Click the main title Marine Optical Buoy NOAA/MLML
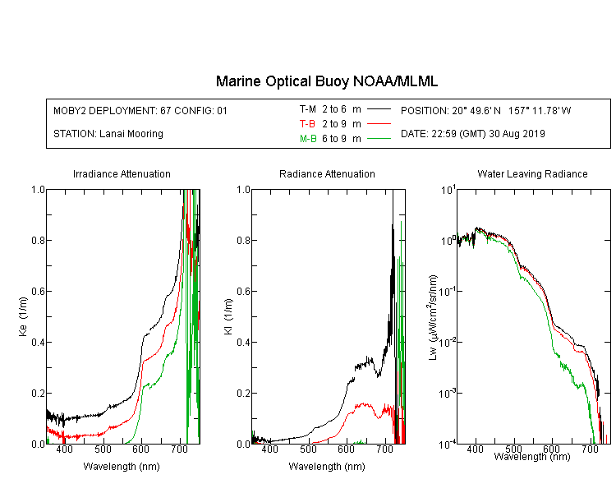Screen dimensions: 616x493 tap(326, 81)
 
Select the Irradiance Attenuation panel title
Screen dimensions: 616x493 tap(122, 173)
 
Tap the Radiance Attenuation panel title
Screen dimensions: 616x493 tap(327, 173)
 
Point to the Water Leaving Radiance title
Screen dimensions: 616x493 tap(532, 173)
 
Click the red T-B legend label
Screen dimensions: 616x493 tap(307, 124)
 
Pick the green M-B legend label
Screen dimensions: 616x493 tap(308, 139)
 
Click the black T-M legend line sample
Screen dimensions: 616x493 tap(379, 109)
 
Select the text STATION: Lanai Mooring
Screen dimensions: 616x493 tap(108, 134)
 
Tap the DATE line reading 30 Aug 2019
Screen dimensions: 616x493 tap(472, 134)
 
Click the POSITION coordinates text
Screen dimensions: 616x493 tap(485, 110)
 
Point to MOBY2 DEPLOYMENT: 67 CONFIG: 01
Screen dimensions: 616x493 tap(140, 110)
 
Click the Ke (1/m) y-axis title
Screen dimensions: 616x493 tap(23, 316)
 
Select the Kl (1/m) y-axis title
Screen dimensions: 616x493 tap(228, 316)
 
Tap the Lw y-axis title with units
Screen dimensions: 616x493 tap(433, 317)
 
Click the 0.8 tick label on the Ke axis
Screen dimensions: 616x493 tap(38, 240)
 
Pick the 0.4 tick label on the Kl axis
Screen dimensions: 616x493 tap(243, 343)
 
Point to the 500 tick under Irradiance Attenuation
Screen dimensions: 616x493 tap(103, 449)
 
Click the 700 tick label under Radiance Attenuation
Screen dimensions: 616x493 tap(384, 449)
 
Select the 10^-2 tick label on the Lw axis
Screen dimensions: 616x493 tap(448, 342)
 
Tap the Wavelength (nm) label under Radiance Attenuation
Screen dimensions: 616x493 tap(327, 466)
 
